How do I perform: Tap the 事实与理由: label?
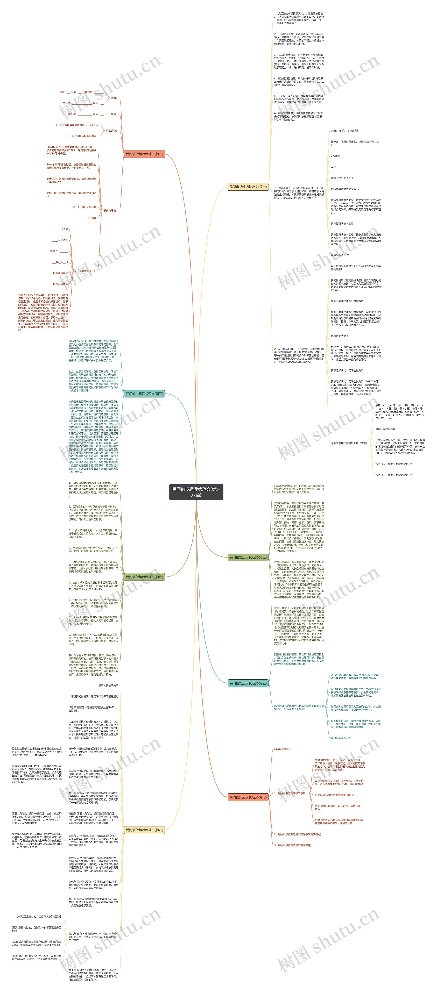(110, 210)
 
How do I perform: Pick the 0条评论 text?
(335, 156)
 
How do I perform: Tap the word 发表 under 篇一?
(333, 167)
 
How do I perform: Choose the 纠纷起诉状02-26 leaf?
(341, 738)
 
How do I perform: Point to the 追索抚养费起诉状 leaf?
(385, 429)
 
